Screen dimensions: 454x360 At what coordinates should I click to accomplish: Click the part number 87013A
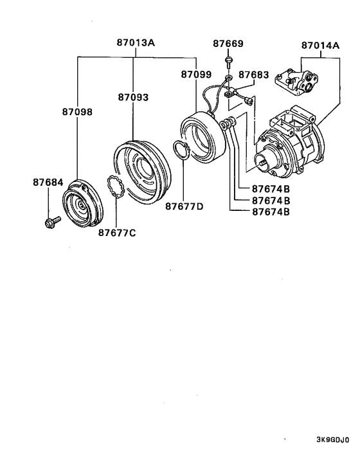[x=136, y=44]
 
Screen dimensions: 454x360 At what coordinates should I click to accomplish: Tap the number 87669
[x=228, y=44]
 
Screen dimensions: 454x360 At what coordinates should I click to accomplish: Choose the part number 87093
[x=133, y=97]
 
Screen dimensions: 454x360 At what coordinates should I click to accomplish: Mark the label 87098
[x=77, y=111]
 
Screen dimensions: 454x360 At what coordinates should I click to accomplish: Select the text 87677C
[x=117, y=232]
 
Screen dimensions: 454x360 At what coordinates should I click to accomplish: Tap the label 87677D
[x=184, y=206]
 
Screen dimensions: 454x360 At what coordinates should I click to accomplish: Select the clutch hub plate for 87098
[x=81, y=205]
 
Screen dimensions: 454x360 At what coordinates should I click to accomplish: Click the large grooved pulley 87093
[x=141, y=170]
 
